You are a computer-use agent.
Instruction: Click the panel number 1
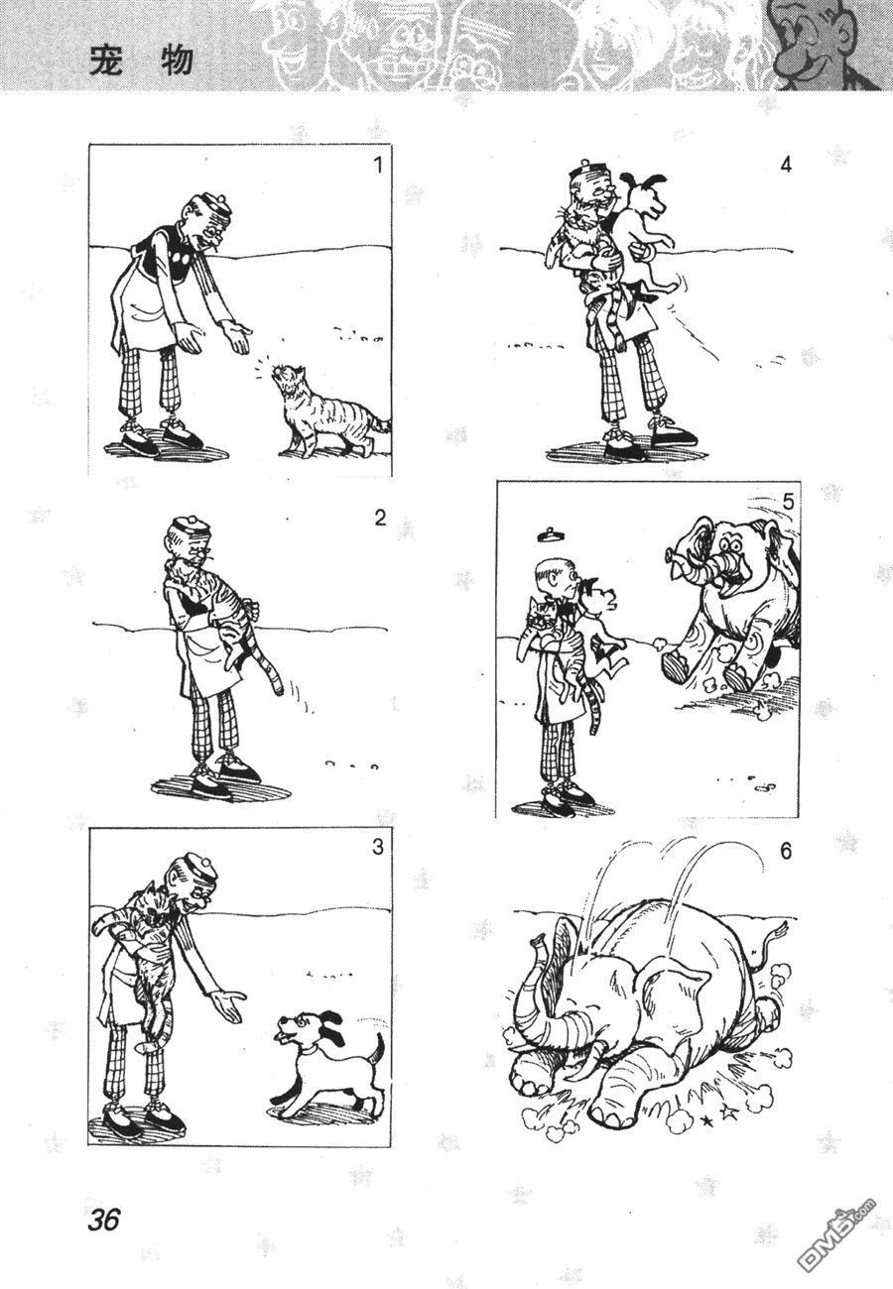click(x=378, y=166)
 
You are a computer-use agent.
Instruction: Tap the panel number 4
click(x=786, y=166)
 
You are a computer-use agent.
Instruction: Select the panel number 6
click(x=786, y=851)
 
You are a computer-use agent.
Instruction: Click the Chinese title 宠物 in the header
click(x=141, y=61)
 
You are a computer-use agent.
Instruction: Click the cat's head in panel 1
click(x=287, y=379)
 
